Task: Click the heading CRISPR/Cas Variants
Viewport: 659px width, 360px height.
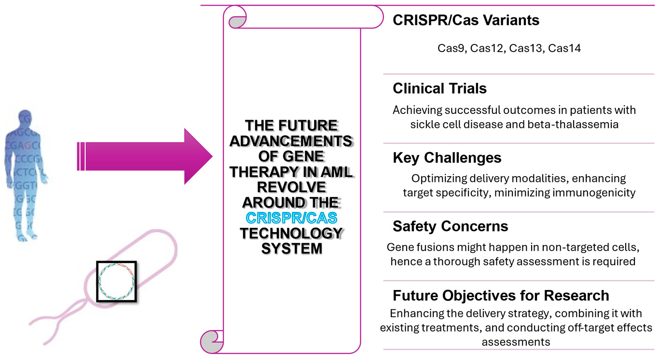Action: pos(466,20)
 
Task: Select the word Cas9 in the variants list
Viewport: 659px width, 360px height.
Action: pos(451,48)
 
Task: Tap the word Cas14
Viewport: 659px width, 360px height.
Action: pos(564,48)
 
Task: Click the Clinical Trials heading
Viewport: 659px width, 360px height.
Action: pos(439,88)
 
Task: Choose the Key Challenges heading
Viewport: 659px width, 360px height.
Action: pos(447,158)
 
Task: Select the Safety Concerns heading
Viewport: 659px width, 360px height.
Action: pos(450,226)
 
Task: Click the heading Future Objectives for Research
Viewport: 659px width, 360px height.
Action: pos(501,295)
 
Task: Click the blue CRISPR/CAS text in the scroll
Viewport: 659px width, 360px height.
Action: pos(291,218)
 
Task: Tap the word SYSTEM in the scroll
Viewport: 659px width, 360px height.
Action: pos(291,249)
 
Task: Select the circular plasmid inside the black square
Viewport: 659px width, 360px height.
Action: pos(116,281)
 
